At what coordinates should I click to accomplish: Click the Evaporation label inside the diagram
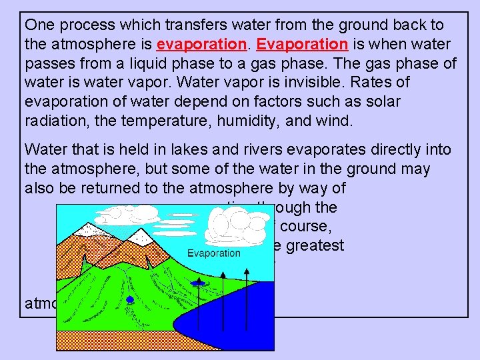213,253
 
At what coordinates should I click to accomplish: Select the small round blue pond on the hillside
130,300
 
